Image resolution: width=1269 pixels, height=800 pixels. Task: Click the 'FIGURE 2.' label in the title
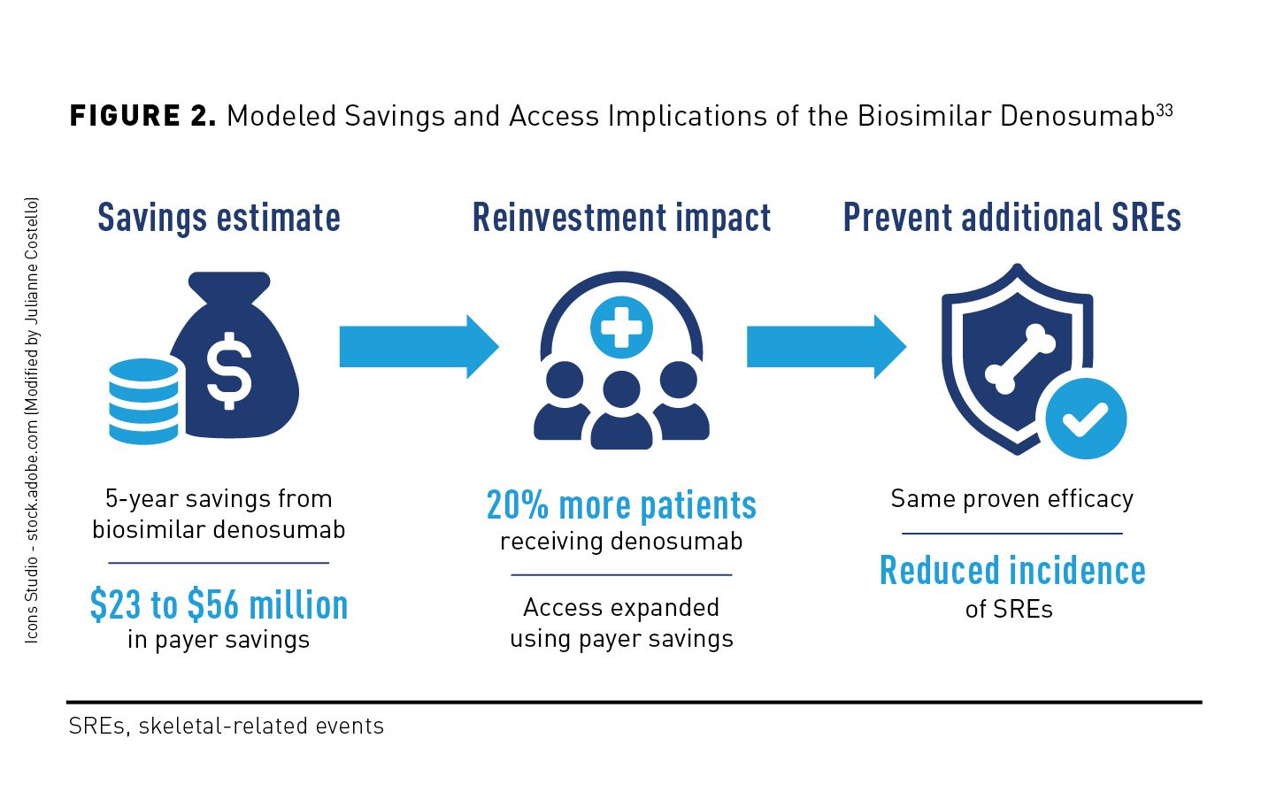(142, 116)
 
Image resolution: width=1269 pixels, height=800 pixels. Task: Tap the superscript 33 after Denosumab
(1165, 111)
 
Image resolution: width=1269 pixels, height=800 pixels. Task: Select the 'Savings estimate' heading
(219, 218)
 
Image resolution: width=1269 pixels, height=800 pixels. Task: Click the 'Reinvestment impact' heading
(621, 218)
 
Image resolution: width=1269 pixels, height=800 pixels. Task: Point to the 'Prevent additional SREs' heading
(1011, 218)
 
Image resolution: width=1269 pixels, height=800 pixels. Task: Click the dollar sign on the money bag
(229, 371)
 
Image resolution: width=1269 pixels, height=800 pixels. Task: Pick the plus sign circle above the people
(621, 327)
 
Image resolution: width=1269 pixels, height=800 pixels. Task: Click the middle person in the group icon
(621, 412)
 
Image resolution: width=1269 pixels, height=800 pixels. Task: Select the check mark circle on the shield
(1085, 419)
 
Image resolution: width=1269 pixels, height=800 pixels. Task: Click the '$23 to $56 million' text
(219, 605)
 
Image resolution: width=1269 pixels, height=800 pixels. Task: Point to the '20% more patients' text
(621, 505)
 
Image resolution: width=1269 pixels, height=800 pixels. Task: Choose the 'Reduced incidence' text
(1012, 571)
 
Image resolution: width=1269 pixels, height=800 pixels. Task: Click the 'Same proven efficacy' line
(1011, 499)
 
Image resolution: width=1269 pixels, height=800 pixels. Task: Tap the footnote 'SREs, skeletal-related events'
(227, 727)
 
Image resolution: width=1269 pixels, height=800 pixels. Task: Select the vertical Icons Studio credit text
(32, 420)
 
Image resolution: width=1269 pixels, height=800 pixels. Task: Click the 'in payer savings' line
(219, 640)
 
